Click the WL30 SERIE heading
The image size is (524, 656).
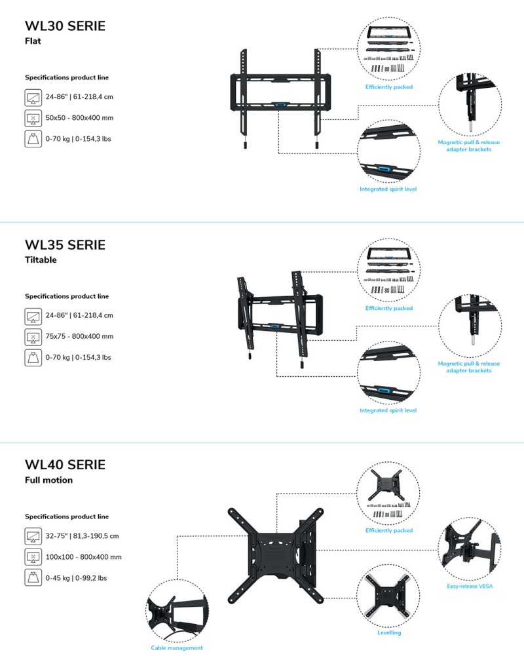coord(65,26)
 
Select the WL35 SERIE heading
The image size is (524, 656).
coord(65,244)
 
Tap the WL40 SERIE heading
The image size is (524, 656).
coord(65,465)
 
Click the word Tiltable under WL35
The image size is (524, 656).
coord(41,260)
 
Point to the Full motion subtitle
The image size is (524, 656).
coord(48,480)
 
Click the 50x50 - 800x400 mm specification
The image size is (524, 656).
coord(79,118)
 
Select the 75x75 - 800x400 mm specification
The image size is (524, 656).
coord(79,336)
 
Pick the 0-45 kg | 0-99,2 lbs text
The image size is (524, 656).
coord(76,578)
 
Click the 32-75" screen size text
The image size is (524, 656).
coord(82,536)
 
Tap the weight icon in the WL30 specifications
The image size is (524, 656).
coord(33,139)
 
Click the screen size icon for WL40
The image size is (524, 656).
coord(33,536)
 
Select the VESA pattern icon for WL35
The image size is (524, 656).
coord(33,337)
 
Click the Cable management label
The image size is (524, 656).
coord(176,647)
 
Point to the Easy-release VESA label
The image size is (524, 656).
coord(470,586)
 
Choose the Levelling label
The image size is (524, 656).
coord(389,632)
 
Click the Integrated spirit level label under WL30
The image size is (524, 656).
coord(388,189)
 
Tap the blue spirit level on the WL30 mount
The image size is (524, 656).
coord(280,104)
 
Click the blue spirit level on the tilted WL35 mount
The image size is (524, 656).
coord(274,326)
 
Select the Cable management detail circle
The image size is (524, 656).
coord(178,611)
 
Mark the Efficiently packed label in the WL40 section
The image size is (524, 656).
coord(389,530)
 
